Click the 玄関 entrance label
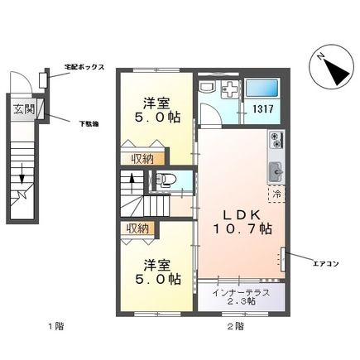click(x=22, y=108)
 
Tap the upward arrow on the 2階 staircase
click(x=130, y=182)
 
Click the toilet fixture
click(x=164, y=180)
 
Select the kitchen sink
click(x=275, y=171)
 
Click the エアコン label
click(x=324, y=264)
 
